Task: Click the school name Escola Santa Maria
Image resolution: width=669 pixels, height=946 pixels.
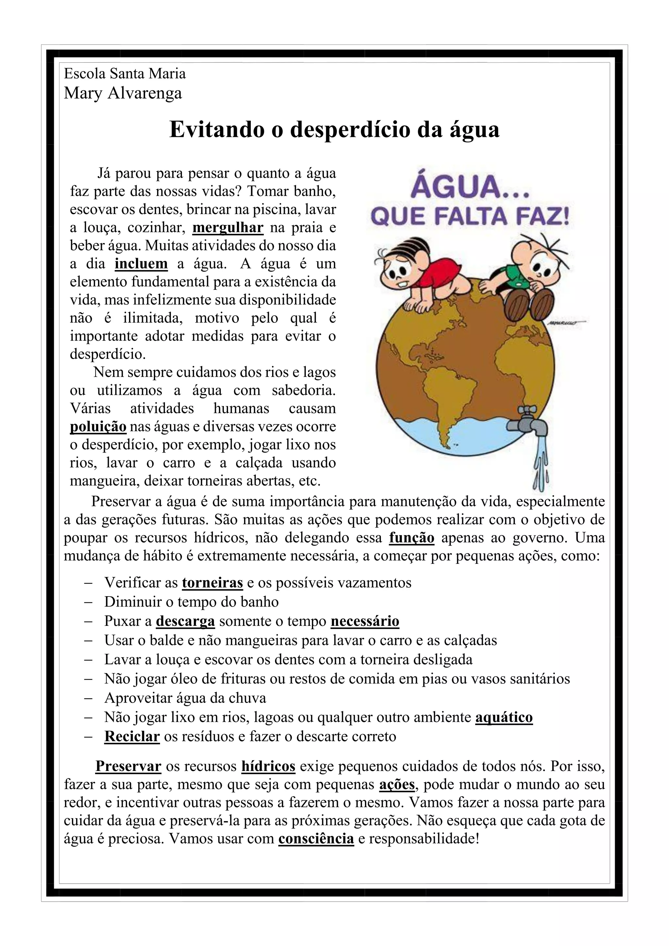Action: pos(125,74)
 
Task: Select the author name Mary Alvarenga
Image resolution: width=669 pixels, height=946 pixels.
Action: pos(123,93)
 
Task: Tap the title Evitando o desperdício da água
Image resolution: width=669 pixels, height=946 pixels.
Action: pos(334,129)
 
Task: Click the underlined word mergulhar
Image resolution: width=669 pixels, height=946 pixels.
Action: pos(228,227)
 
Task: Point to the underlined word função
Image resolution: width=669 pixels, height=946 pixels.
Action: pos(412,538)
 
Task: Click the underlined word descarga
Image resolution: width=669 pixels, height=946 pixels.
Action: pos(185,621)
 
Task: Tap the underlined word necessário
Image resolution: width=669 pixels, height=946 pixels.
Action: pos(365,621)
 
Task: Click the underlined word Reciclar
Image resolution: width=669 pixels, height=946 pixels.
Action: pos(132,736)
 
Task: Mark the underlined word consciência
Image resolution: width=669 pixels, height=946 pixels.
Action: pos(316,839)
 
